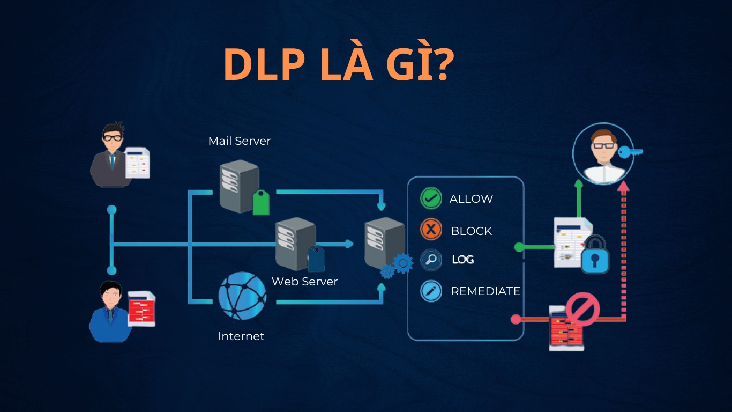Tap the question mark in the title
[x=440, y=64]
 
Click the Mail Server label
[x=240, y=141]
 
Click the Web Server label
[x=304, y=282]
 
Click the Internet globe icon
[x=242, y=296]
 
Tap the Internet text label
[x=241, y=336]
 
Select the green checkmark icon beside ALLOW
[x=430, y=198]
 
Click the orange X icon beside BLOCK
[x=430, y=230]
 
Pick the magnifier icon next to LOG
[x=430, y=260]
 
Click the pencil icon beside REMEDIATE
[x=430, y=291]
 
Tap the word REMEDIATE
[x=485, y=291]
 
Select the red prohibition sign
[x=582, y=310]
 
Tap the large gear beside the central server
[x=403, y=263]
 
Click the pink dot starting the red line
[x=516, y=320]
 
